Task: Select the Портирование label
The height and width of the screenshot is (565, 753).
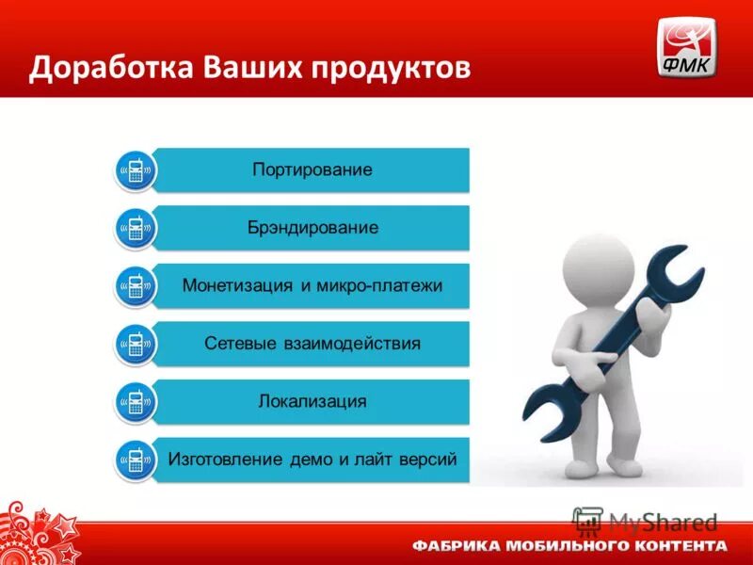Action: tap(312, 170)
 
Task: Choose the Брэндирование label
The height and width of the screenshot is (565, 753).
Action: tap(312, 228)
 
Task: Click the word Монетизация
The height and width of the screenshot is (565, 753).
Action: tap(239, 285)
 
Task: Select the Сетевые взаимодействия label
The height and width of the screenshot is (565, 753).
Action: tap(312, 343)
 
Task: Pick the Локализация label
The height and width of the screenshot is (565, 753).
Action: tap(312, 401)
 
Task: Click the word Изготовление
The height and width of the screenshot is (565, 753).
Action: tap(225, 460)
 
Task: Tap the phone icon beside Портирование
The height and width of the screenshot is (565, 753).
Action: tap(136, 171)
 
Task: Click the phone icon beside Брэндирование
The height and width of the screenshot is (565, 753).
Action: tap(136, 229)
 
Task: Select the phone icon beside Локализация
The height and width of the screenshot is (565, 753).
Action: tap(136, 402)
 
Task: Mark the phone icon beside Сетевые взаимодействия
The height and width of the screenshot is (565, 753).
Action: tap(136, 345)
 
